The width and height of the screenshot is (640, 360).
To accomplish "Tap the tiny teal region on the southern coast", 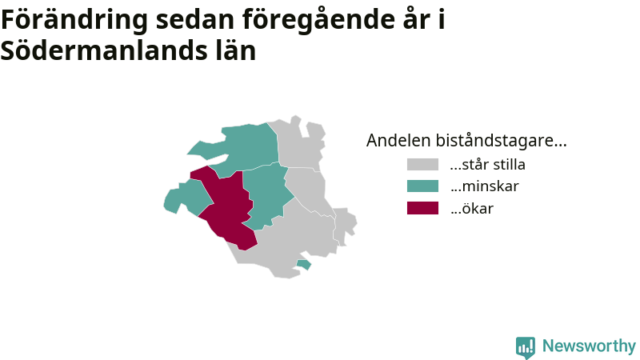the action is (x=304, y=265).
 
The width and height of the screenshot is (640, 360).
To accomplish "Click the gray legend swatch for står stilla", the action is (x=422, y=165).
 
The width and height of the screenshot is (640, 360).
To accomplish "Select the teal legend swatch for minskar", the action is (x=422, y=186).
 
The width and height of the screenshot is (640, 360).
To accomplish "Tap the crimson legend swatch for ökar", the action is (x=422, y=208).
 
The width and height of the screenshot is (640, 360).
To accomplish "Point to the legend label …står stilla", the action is (x=488, y=165).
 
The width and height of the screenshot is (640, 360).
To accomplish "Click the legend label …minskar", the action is (x=485, y=186).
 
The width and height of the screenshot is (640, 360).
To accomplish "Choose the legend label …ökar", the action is (x=472, y=208).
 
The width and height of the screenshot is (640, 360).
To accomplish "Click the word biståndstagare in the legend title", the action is (x=502, y=141).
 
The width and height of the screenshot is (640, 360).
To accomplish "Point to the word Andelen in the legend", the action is (x=398, y=141).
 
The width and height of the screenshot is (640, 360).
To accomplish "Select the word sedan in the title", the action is (x=194, y=19).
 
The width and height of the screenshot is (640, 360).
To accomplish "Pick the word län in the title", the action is (x=236, y=50).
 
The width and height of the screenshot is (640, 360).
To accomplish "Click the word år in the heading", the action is (x=417, y=18).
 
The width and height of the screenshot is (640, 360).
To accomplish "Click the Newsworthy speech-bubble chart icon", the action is (x=526, y=347).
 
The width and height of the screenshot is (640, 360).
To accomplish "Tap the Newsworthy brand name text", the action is (x=589, y=346).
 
